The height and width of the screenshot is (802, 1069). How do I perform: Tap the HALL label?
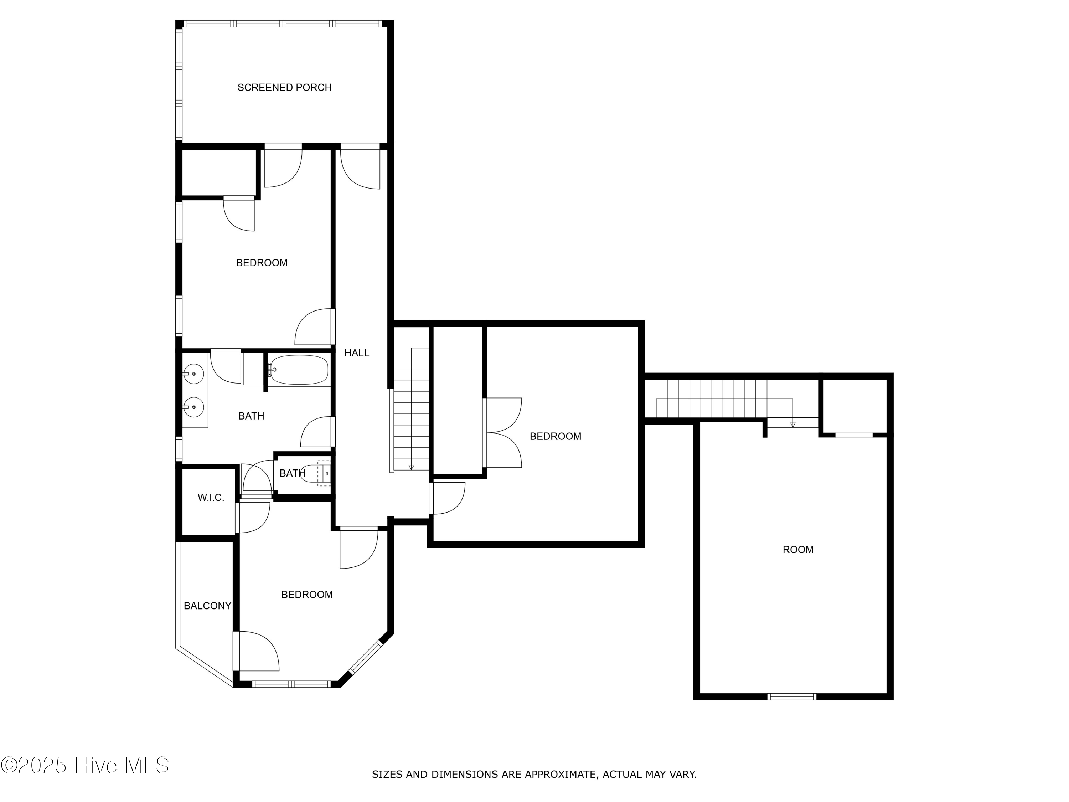pyautogui.click(x=357, y=353)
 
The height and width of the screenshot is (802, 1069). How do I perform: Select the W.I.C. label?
pyautogui.click(x=211, y=498)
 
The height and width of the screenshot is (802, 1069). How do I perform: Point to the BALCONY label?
pyautogui.click(x=207, y=606)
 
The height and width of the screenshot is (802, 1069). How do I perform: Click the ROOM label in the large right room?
pyautogui.click(x=798, y=550)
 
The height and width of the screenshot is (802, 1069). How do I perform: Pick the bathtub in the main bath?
pyautogui.click(x=299, y=370)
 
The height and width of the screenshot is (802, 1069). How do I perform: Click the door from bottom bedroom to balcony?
pyautogui.click(x=257, y=651)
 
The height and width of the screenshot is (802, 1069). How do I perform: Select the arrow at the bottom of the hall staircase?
pyautogui.click(x=411, y=467)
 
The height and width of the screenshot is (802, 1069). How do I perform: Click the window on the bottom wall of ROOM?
pyautogui.click(x=792, y=696)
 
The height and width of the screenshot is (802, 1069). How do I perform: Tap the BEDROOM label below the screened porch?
pyautogui.click(x=262, y=263)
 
